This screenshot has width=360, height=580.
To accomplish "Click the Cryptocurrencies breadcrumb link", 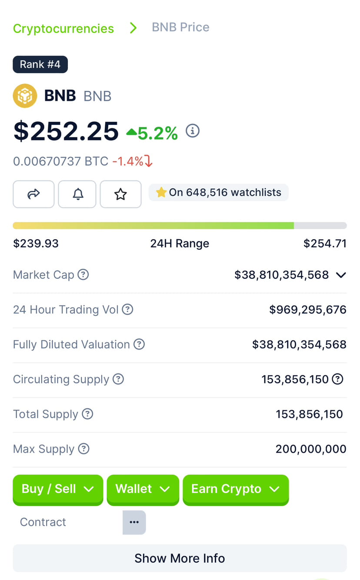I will (x=63, y=29).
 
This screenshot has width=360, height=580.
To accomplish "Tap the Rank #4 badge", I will (x=40, y=64).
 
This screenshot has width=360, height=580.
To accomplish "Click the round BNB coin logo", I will (x=25, y=96).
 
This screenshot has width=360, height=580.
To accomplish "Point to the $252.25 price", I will (x=66, y=131).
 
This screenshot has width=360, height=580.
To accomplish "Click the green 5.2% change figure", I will (x=157, y=133).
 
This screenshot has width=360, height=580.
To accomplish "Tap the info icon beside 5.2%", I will (x=193, y=131).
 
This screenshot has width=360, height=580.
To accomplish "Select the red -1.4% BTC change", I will (x=132, y=161).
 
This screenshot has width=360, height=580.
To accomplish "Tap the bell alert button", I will (x=77, y=194).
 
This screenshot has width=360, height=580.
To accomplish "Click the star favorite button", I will (x=120, y=194).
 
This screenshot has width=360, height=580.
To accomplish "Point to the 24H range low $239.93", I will (x=36, y=243).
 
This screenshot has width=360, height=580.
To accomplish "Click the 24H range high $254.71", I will (x=325, y=243).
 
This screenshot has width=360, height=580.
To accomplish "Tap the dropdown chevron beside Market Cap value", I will (x=341, y=275).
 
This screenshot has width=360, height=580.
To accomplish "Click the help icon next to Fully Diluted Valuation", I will (x=139, y=344).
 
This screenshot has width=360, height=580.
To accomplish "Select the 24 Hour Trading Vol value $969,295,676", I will (x=308, y=310).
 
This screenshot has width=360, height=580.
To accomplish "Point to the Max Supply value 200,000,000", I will (x=311, y=449).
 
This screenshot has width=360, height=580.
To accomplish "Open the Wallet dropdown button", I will (x=143, y=489).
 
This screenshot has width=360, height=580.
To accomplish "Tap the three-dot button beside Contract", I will (x=134, y=522).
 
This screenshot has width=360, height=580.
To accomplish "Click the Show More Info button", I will (x=180, y=558).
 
